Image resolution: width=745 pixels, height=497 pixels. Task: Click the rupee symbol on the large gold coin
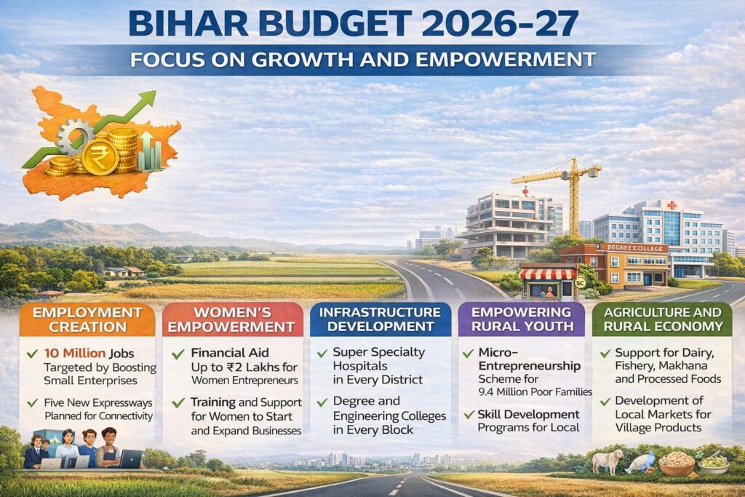pos(100,157)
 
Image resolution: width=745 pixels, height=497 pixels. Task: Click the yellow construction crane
pos(565,190)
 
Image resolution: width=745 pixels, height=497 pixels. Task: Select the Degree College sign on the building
pos(634,248)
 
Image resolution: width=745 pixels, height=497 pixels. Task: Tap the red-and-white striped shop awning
pos(548,274)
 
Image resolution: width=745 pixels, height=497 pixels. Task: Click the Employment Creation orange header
pos(87,319)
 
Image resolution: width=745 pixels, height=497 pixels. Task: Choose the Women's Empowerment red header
pos(232,319)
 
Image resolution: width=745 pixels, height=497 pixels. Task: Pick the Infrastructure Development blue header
pos(380,319)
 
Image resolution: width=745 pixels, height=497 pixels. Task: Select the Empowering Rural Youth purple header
pos(522,319)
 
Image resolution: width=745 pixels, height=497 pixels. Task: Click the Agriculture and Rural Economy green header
pos(662,319)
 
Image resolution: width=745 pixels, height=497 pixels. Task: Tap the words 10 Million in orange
pos(75,353)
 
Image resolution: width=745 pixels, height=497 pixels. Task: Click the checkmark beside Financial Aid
pos(178,354)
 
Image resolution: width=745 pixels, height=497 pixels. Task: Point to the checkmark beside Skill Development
pos(469,415)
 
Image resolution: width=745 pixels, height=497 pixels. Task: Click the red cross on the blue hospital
pos(672,205)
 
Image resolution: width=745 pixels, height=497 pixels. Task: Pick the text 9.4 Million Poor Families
pos(535,392)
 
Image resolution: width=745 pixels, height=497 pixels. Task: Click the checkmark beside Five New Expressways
pos(32,403)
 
